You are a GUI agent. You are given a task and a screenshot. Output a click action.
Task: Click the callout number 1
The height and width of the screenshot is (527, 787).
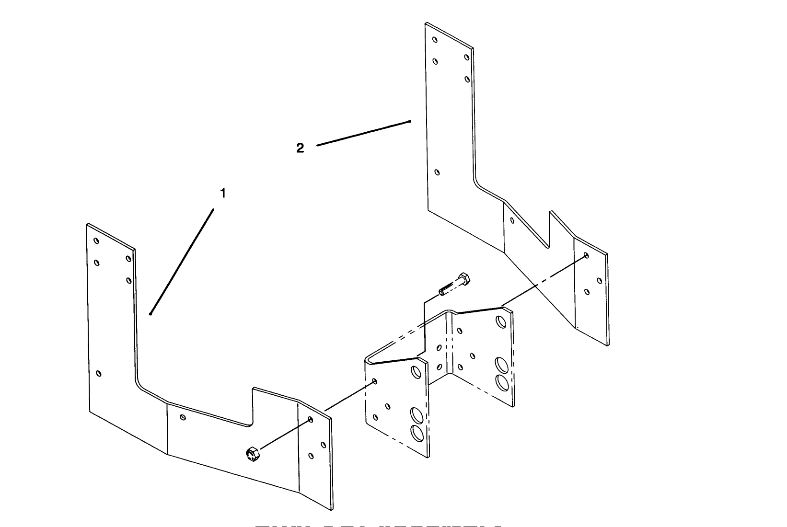(222, 193)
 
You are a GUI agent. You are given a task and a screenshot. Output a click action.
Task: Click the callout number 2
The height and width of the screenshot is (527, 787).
(300, 148)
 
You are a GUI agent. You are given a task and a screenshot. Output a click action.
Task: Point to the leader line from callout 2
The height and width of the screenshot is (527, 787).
(363, 133)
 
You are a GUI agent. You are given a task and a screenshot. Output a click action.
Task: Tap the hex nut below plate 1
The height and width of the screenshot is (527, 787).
(252, 453)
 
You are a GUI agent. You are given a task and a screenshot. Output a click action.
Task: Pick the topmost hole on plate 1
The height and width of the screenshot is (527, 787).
(96, 241)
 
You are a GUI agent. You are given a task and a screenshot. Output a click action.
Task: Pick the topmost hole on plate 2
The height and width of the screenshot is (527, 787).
(435, 40)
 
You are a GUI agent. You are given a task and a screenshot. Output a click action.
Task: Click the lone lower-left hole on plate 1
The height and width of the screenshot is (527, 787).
(99, 373)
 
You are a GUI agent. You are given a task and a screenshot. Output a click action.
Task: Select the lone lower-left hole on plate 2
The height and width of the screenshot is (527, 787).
(437, 172)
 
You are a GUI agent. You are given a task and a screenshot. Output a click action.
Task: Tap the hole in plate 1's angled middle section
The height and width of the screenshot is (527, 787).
(183, 417)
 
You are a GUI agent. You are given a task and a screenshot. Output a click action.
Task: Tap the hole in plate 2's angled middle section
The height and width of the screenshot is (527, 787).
(512, 220)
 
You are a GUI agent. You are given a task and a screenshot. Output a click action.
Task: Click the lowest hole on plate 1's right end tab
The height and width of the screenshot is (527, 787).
(312, 456)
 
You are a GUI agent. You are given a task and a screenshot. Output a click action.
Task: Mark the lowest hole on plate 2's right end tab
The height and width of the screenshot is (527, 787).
(588, 291)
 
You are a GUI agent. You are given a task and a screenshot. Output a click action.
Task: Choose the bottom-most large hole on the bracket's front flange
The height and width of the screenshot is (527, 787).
(417, 433)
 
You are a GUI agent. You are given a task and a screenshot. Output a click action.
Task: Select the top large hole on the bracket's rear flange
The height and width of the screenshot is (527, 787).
(501, 321)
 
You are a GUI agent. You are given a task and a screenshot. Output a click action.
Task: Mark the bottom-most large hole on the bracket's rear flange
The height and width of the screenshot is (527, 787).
(501, 382)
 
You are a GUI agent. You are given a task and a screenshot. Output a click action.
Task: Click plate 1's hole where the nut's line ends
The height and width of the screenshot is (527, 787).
(311, 420)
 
